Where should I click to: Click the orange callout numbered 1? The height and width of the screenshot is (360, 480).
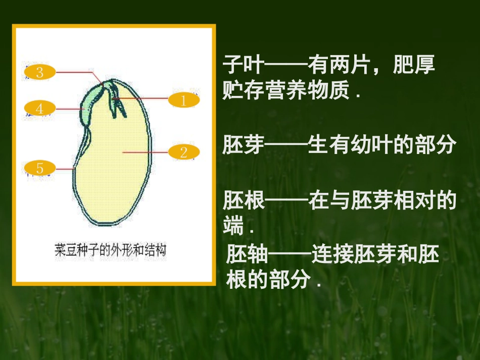[x=183, y=100]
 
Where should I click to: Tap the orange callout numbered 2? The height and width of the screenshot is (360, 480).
[x=183, y=151]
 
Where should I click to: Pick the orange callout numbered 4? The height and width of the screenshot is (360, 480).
[x=40, y=108]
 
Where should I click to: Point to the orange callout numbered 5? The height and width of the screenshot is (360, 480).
[x=40, y=168]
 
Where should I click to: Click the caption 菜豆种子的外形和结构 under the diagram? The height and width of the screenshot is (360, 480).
[x=111, y=250]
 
